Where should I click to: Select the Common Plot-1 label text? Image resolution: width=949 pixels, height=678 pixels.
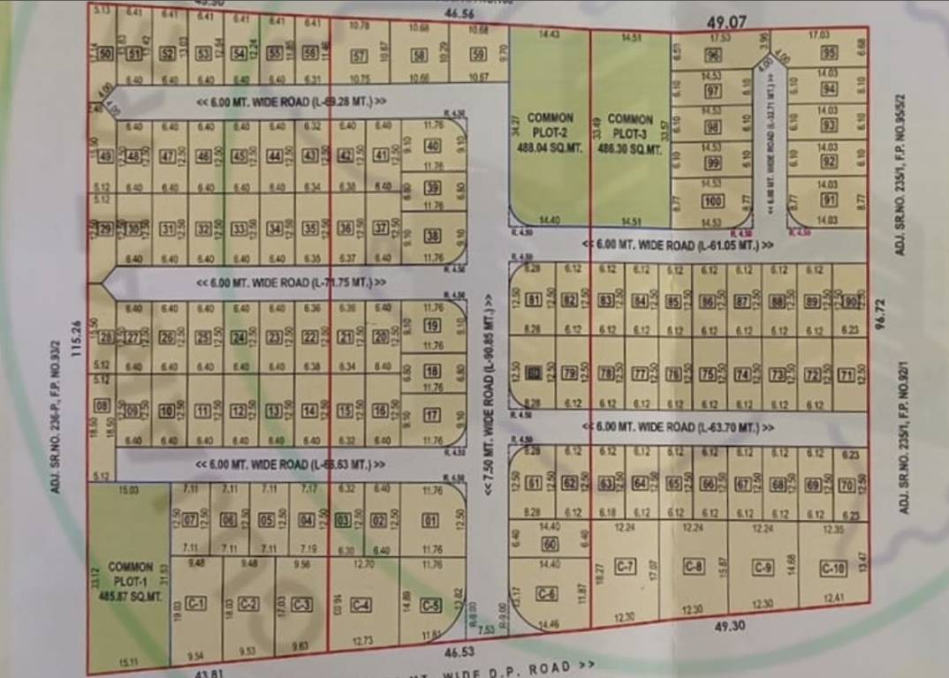(x=131, y=582)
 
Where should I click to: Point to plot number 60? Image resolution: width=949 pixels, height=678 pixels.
(x=549, y=544)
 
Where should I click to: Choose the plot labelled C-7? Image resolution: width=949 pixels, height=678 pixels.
(x=626, y=565)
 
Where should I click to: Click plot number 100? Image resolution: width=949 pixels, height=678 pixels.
(x=712, y=201)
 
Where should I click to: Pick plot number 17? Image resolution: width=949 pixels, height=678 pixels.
(x=432, y=416)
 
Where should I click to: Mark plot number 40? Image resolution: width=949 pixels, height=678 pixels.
(x=433, y=146)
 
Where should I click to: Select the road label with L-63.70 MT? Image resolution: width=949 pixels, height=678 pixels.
(x=679, y=427)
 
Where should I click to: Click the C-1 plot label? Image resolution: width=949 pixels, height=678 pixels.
(x=196, y=604)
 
